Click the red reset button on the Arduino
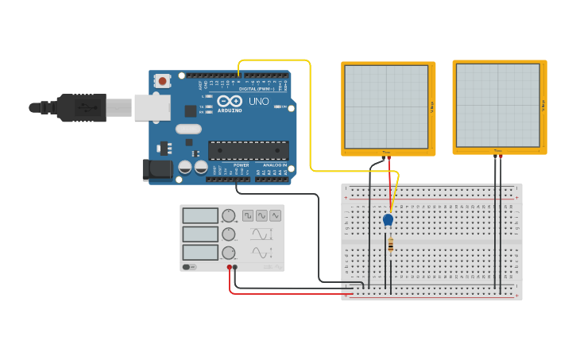pyautogui.click(x=163, y=80)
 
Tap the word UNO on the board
pyautogui.click(x=259, y=102)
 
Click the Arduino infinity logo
pyautogui.click(x=231, y=102)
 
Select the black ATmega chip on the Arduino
pyautogui.click(x=248, y=149)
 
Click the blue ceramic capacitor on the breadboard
pyautogui.click(x=388, y=219)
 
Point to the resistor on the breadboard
pyautogui.click(x=391, y=246)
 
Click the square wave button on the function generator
pyautogui.click(x=248, y=215)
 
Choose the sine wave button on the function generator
pyautogui.click(x=261, y=215)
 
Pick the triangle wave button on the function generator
pyautogui.click(x=275, y=215)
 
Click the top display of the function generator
pyautogui.click(x=200, y=215)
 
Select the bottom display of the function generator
pyautogui.click(x=200, y=252)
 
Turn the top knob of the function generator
pyautogui.click(x=229, y=215)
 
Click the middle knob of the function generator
pyautogui.click(x=229, y=234)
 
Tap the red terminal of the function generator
pyautogui.click(x=229, y=267)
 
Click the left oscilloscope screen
pyautogui.click(x=387, y=106)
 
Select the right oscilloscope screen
pyautogui.click(x=498, y=106)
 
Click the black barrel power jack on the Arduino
pyautogui.click(x=157, y=169)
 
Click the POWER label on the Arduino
pyautogui.click(x=242, y=165)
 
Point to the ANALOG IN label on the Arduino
pyautogui.click(x=274, y=165)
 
